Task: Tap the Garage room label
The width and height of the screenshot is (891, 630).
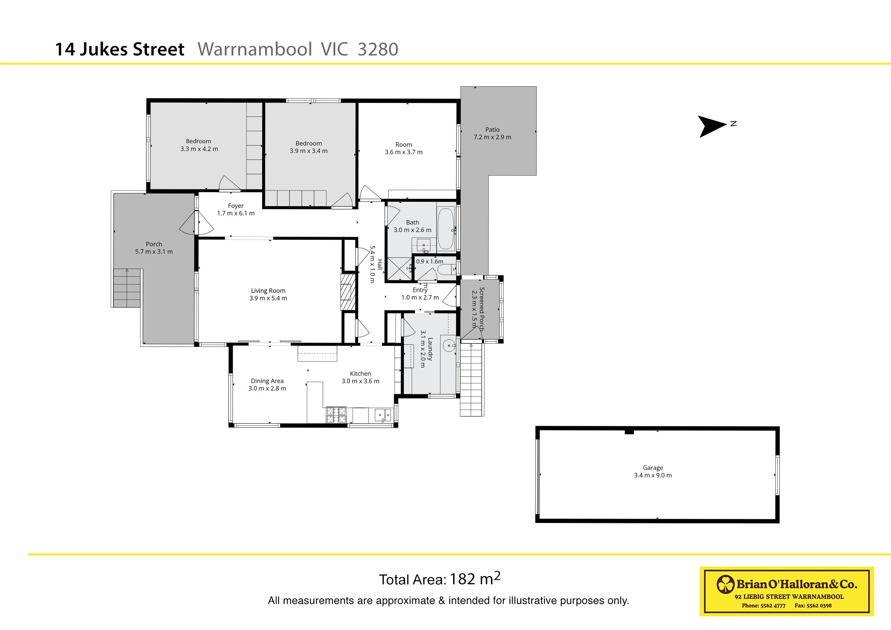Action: point(653,468)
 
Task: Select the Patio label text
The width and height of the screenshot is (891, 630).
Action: point(492,130)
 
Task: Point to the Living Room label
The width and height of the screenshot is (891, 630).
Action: point(268,291)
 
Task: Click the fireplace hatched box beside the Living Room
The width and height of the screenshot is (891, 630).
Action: point(348,292)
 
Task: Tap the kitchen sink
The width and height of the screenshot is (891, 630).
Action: point(383,415)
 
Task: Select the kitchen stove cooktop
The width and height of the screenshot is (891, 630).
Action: point(336,415)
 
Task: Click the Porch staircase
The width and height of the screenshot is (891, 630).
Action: point(127,288)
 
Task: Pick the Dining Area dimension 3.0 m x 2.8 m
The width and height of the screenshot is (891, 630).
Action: point(267,388)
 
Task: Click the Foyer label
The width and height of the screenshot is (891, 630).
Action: point(236,206)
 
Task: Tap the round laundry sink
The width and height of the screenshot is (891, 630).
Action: point(449,345)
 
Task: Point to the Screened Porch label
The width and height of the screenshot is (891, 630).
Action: point(482,309)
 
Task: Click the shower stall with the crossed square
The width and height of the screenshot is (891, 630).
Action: point(399,268)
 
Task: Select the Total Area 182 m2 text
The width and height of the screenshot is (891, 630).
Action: point(439,579)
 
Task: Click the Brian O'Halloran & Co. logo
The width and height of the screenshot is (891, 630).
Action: point(786,591)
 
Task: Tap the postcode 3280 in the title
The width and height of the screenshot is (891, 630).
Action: point(378,49)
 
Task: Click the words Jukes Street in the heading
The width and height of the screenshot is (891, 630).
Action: point(132,49)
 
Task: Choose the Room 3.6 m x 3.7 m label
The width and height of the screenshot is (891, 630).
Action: point(404,148)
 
